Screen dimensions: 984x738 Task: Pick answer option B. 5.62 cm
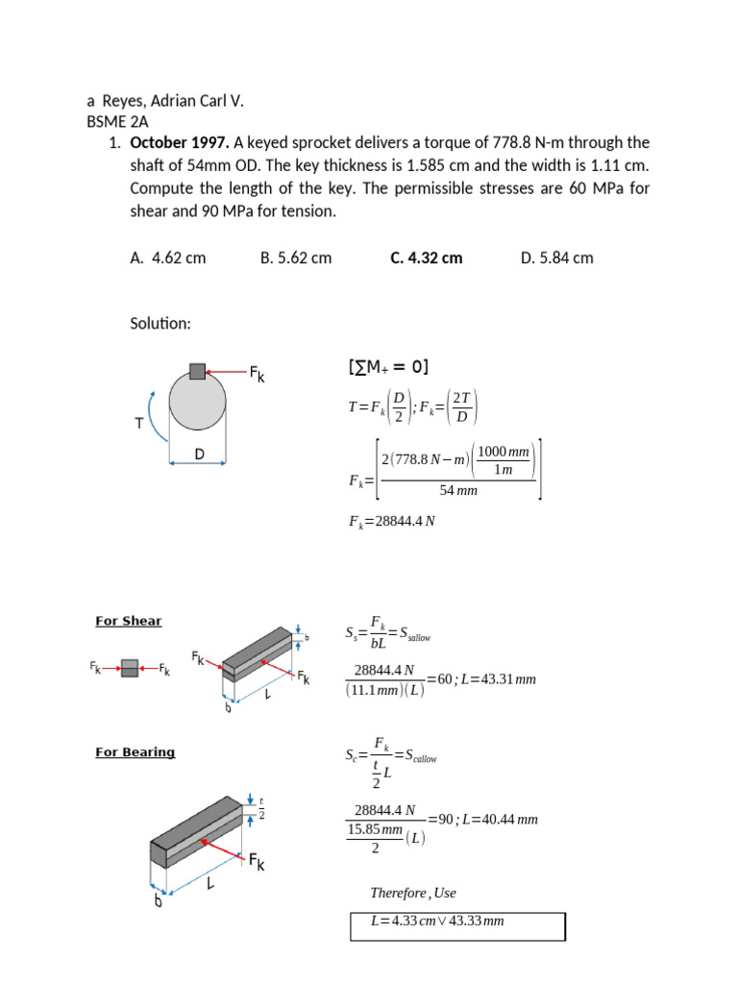tap(296, 258)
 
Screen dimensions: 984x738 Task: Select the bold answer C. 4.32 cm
tap(426, 258)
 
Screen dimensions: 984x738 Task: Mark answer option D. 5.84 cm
tap(557, 258)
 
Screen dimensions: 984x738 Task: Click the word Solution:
tap(161, 324)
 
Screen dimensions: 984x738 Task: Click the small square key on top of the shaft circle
tap(197, 371)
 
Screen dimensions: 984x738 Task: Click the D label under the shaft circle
tap(199, 453)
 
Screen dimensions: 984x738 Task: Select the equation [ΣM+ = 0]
tap(388, 367)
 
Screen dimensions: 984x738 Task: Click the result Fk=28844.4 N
tap(395, 522)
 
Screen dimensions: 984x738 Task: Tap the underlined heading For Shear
tap(129, 621)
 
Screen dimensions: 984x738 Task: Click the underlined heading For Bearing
tap(135, 751)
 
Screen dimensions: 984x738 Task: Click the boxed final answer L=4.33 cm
tap(437, 922)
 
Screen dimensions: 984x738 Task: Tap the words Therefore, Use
tap(413, 893)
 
